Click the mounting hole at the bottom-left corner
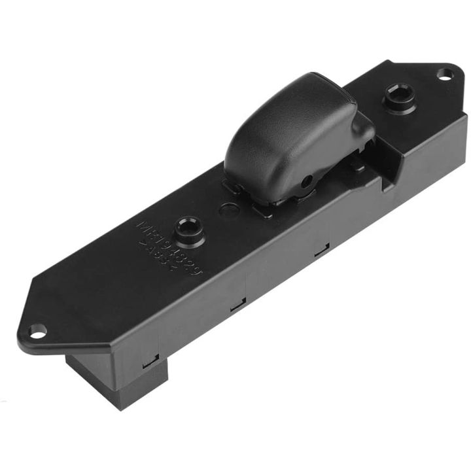pos(38,331)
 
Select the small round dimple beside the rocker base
pos(227,211)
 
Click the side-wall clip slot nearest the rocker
pos(321,250)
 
